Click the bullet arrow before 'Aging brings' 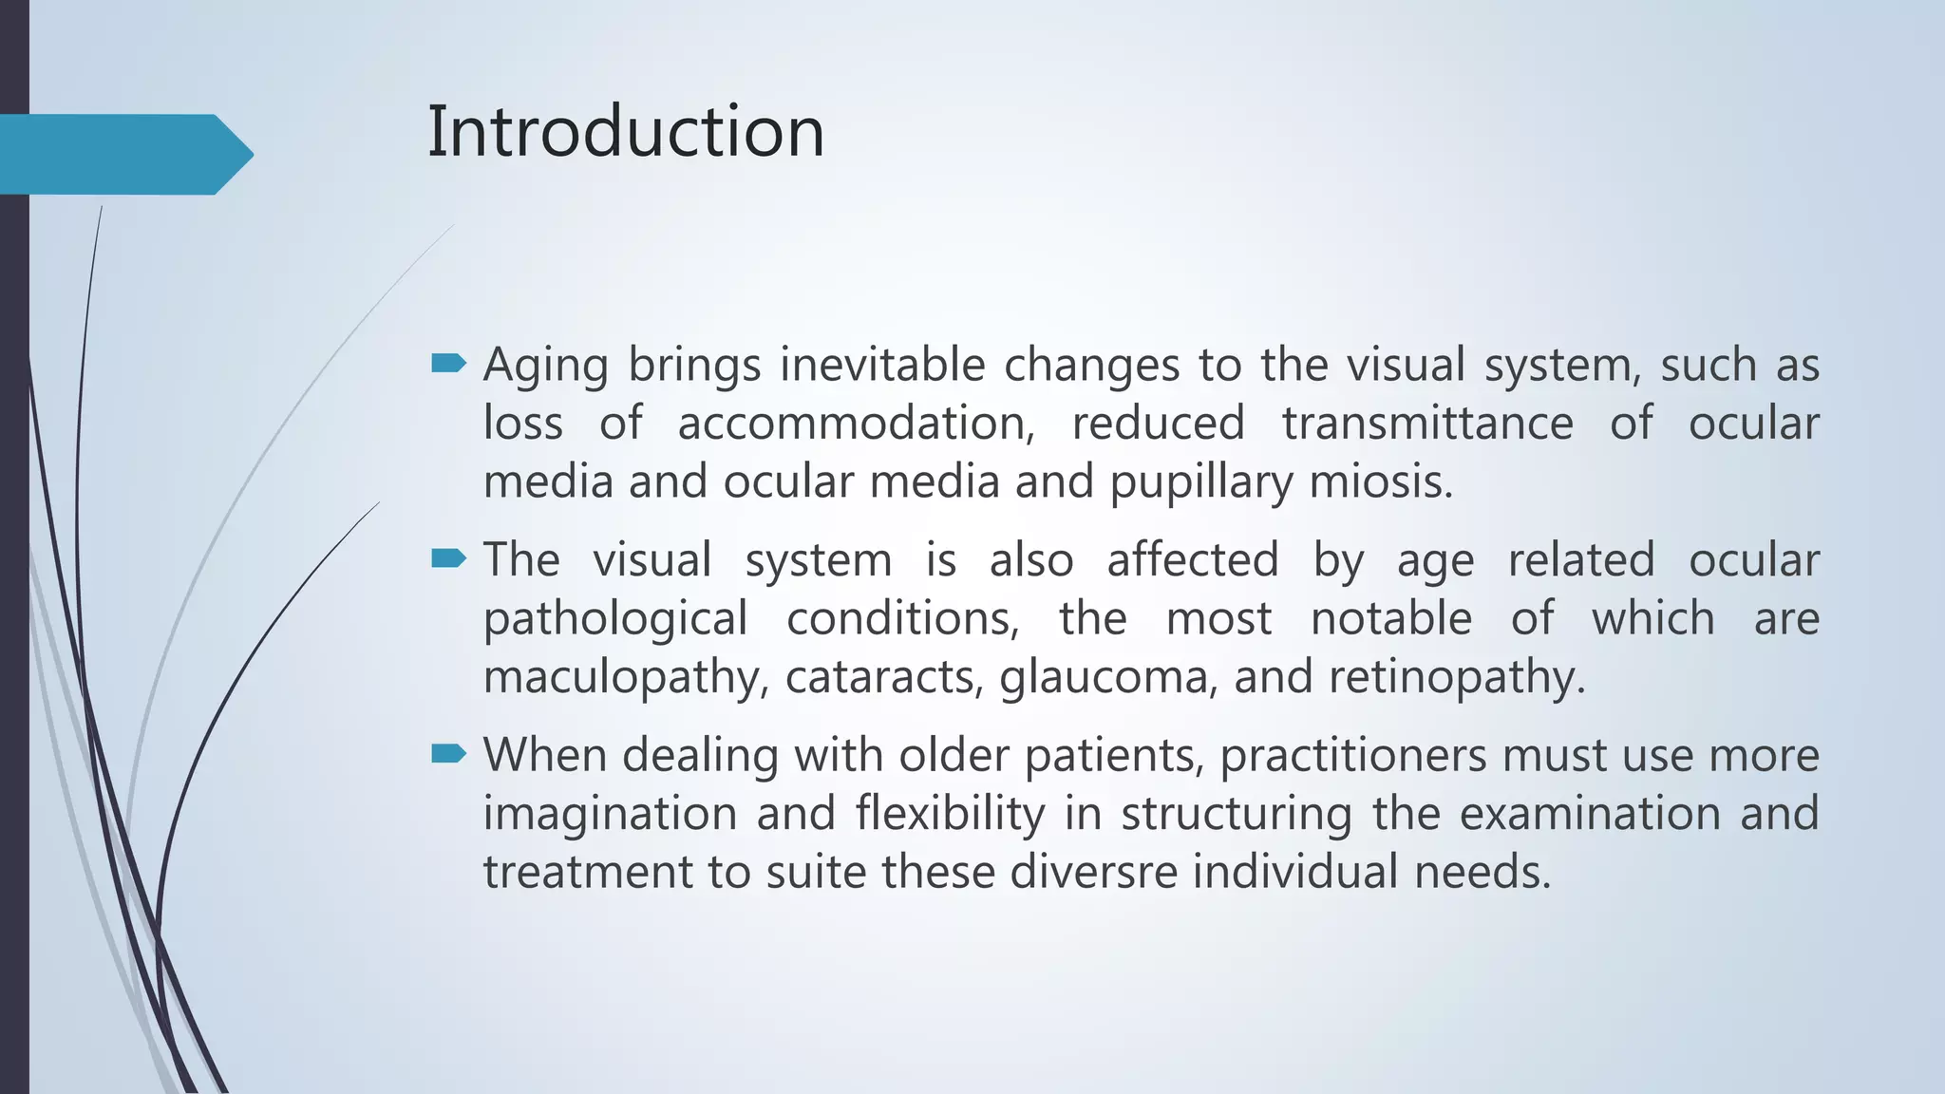coord(448,363)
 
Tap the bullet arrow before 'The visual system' coord(448,558)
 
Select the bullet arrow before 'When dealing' coord(448,754)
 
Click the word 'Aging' coord(545,367)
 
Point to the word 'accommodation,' coord(856,424)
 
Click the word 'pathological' coord(615,620)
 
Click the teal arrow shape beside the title coord(123,154)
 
